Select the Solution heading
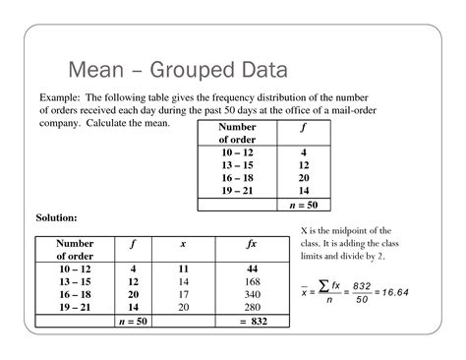click(x=58, y=215)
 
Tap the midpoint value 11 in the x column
click(x=183, y=268)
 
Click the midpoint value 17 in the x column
click(x=183, y=293)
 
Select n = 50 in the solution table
click(x=133, y=320)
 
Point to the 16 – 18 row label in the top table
click(x=237, y=178)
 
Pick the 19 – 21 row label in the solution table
click(x=76, y=306)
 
